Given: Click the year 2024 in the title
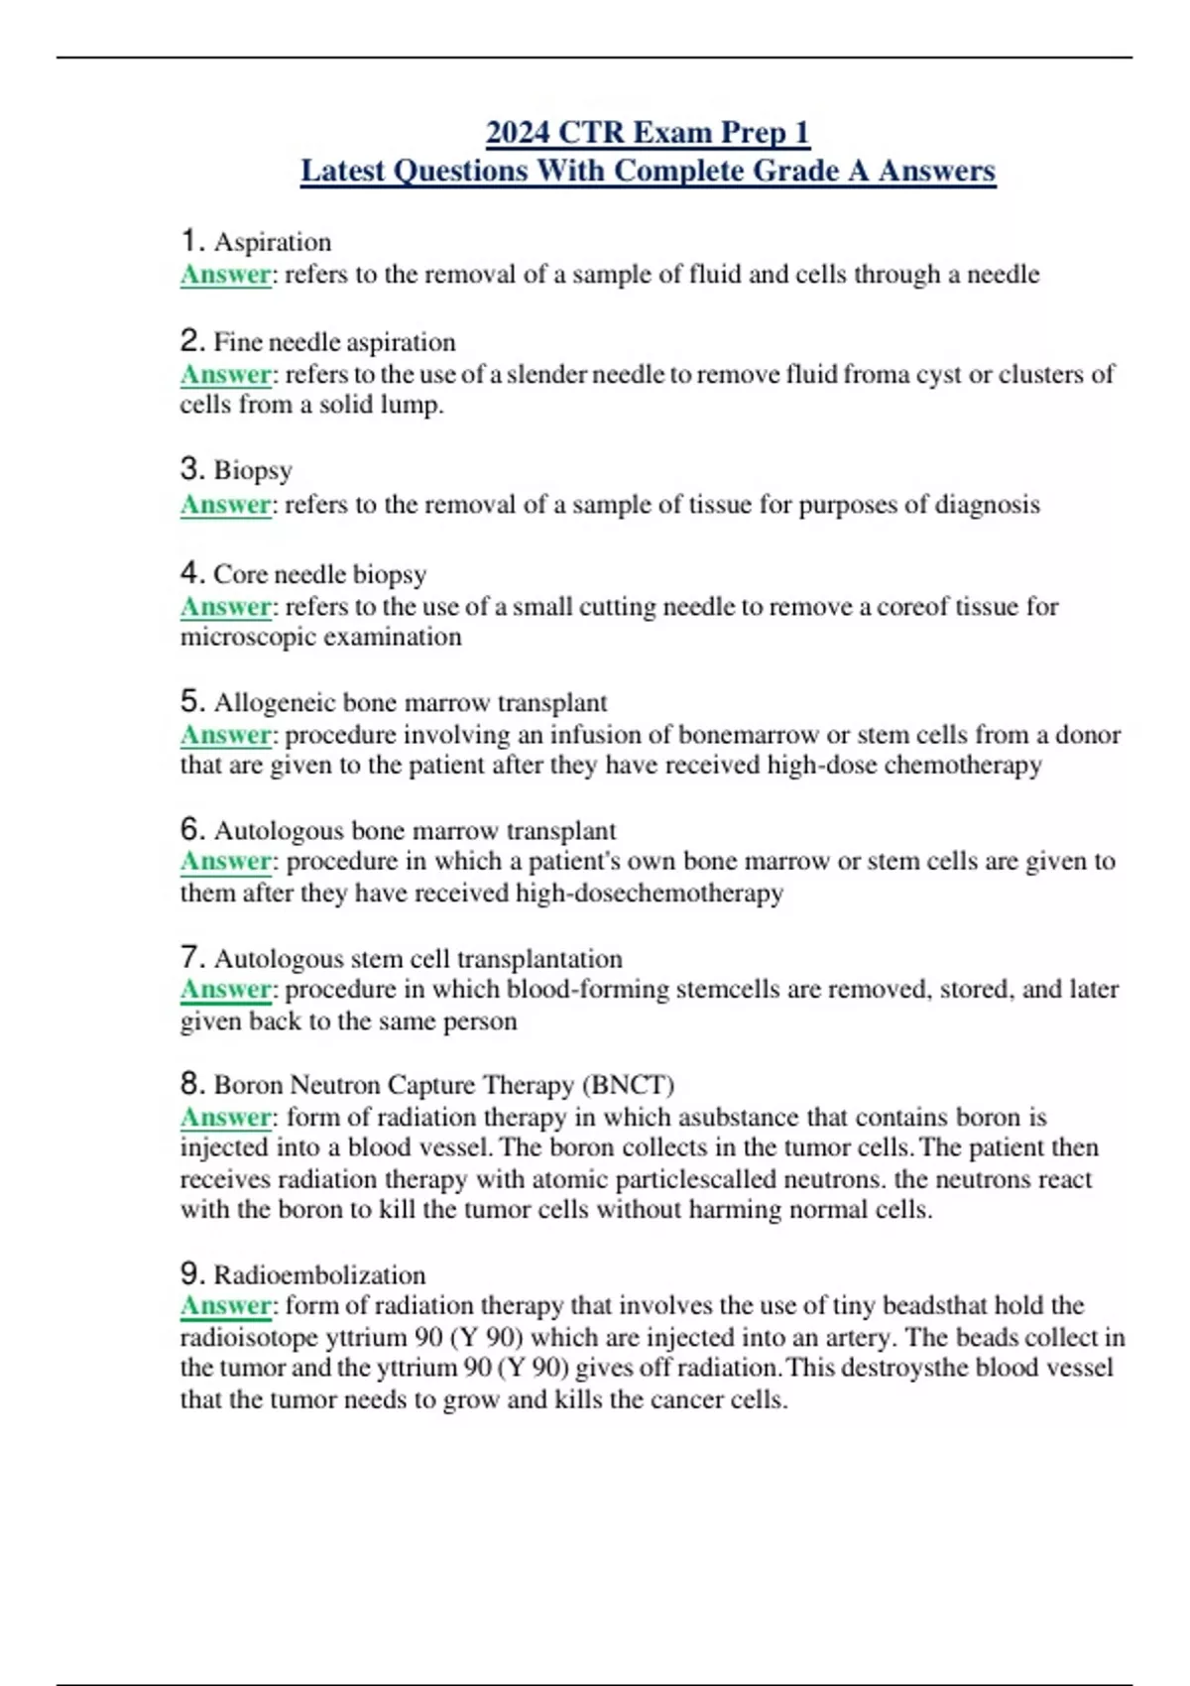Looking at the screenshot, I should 518,132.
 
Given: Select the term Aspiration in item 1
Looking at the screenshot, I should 273,242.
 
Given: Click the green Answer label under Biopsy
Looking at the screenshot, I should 225,505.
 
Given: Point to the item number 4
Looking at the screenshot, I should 192,573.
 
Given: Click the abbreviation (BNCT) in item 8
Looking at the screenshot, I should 629,1085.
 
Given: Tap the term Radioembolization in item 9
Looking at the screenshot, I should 319,1274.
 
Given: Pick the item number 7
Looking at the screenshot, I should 192,958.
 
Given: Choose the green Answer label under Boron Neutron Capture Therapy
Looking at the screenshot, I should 225,1117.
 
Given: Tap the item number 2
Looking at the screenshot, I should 192,341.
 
